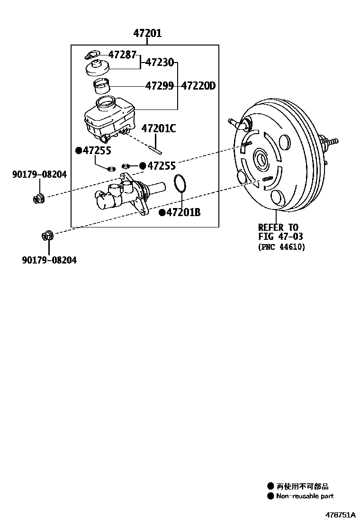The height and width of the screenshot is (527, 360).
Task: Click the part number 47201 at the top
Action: [147, 33]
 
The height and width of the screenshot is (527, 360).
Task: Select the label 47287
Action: [122, 54]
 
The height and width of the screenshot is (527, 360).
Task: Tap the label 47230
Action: [159, 62]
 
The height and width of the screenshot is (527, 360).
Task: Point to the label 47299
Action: [159, 86]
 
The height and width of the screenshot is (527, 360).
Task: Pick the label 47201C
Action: [158, 128]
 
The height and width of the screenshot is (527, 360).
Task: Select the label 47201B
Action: [183, 212]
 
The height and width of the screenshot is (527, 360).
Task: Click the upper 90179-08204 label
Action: [39, 175]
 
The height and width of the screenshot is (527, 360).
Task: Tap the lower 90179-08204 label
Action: [49, 260]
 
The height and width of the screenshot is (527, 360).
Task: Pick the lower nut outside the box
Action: [48, 235]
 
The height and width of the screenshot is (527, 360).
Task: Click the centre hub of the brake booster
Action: [261, 160]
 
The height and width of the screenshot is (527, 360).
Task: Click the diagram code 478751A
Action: [340, 514]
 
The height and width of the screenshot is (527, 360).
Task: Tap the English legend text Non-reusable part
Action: [305, 496]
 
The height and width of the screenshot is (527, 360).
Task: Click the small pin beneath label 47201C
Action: [155, 149]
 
